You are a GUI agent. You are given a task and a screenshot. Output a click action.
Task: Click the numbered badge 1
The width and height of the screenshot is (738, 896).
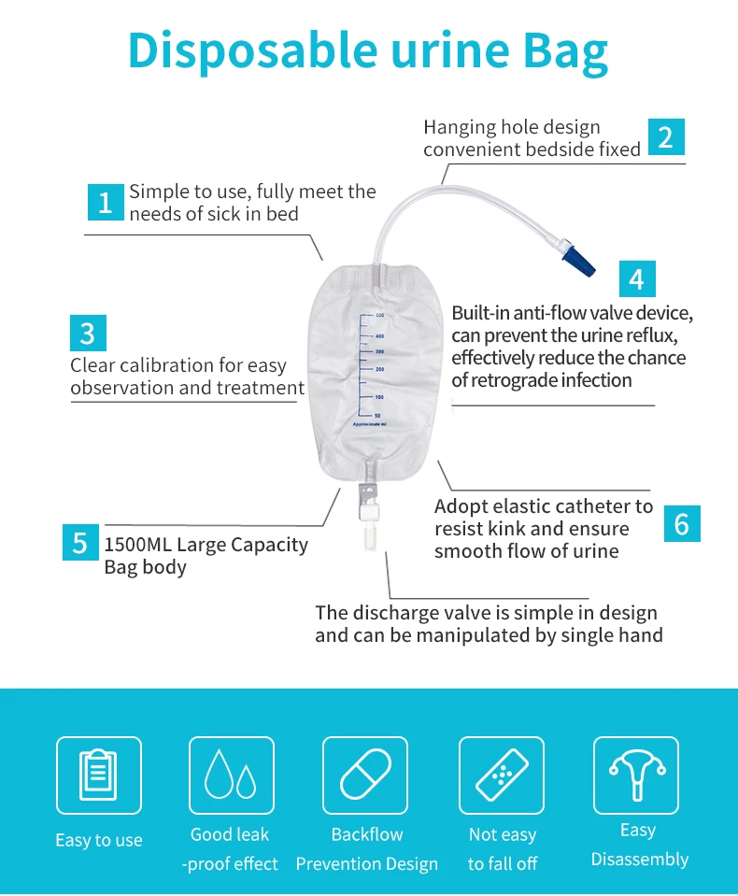pyautogui.click(x=105, y=202)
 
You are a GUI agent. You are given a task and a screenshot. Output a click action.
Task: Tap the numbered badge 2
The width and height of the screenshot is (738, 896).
pyautogui.click(x=665, y=136)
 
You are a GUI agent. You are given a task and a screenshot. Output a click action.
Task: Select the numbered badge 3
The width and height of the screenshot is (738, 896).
pyautogui.click(x=88, y=334)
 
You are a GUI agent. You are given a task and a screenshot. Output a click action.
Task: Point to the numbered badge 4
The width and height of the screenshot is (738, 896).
pyautogui.click(x=637, y=278)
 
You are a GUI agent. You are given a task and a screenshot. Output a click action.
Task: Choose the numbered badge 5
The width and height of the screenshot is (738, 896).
pyautogui.click(x=80, y=543)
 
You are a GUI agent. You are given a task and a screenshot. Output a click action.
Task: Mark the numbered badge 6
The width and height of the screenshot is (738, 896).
pyautogui.click(x=681, y=524)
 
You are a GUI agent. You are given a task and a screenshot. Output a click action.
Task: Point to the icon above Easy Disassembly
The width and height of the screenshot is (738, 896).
pyautogui.click(x=636, y=775)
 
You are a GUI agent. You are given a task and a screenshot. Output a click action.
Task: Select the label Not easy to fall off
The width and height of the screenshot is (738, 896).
pyautogui.click(x=503, y=848)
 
